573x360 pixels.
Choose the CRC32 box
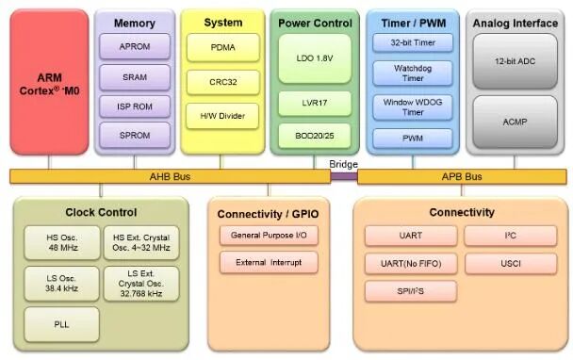tap(222, 82)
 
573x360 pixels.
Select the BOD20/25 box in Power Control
tap(315, 137)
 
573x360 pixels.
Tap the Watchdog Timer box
tap(413, 73)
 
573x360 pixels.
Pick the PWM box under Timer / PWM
tap(413, 139)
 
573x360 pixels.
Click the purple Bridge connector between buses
tap(343, 175)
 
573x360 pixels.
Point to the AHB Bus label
tap(171, 176)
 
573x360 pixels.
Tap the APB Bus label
tap(462, 176)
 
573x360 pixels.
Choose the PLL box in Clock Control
tap(61, 323)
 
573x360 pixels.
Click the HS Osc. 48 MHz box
tap(61, 241)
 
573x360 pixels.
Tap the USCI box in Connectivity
tap(511, 262)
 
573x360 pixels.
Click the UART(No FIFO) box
tap(411, 262)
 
